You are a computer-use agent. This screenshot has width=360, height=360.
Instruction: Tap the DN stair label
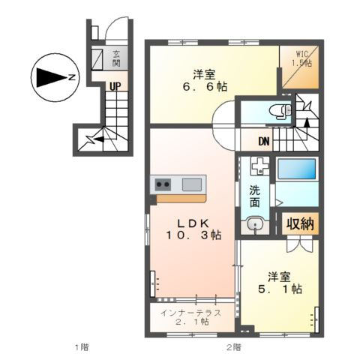click(x=264, y=141)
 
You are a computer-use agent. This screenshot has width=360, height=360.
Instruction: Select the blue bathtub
click(x=296, y=168)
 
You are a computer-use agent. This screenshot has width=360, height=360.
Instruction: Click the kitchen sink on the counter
click(x=192, y=184)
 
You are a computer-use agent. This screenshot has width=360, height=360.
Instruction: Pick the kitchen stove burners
click(x=163, y=184)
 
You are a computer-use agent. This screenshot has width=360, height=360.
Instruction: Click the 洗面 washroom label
click(x=255, y=196)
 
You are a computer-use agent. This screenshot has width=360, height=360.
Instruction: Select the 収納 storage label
click(x=299, y=223)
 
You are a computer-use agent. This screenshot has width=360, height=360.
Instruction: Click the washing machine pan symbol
click(x=259, y=166)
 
